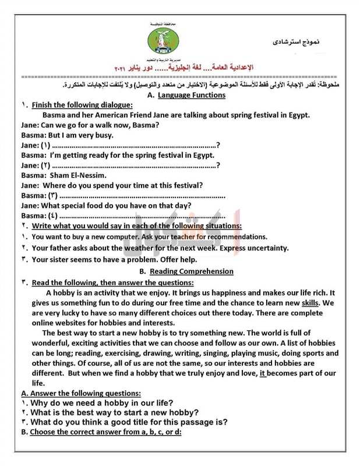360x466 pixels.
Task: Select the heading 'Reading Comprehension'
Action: (x=190, y=271)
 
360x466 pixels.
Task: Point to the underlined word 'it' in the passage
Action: (x=263, y=373)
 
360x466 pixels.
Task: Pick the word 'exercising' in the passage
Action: (x=102, y=353)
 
